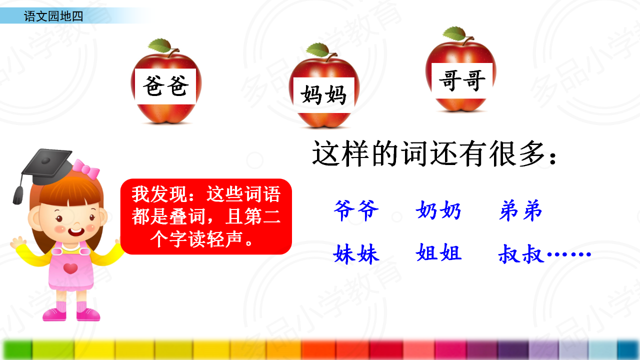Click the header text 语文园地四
pos(53,16)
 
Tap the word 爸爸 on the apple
pos(165,86)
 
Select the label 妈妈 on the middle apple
pos(323,94)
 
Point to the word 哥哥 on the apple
pos(462,80)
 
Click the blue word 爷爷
pos(356,210)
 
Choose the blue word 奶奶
pos(438,210)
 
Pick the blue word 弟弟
pos(520,210)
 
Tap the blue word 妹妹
pos(356,253)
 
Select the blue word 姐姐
pos(438,252)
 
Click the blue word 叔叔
pos(521,253)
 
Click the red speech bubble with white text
pos(206,216)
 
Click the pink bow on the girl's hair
pos(86,169)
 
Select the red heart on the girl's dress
pos(70,268)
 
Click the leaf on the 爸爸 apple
pos(159,45)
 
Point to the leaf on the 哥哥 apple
pos(454,33)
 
